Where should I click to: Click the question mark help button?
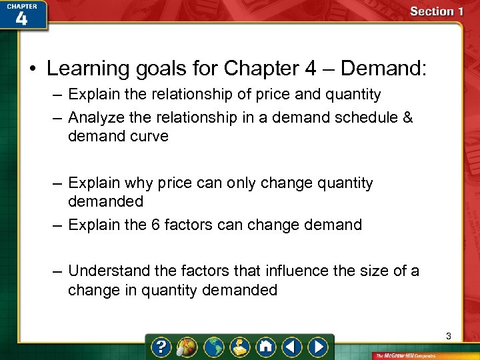tap(162, 347)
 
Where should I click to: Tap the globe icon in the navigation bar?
tap(214, 347)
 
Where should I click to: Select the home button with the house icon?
tap(266, 347)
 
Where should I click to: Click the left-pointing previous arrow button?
tap(292, 347)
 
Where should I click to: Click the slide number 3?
tap(449, 337)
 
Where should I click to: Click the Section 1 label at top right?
tap(437, 11)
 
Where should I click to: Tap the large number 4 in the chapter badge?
tap(21, 19)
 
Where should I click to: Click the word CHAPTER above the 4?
tap(21, 6)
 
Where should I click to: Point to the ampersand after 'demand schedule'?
tap(408, 118)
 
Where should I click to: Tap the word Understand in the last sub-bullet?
tap(109, 271)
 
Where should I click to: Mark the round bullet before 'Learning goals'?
tap(32, 69)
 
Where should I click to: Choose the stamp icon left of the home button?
tap(240, 347)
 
